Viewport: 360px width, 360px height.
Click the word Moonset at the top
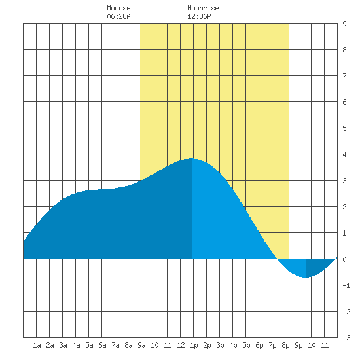(120, 8)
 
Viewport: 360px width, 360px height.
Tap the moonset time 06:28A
(118, 16)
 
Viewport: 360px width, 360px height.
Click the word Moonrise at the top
(203, 8)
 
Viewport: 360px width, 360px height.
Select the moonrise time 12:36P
(199, 16)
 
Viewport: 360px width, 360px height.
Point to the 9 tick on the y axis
(344, 24)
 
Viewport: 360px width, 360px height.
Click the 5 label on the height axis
(344, 128)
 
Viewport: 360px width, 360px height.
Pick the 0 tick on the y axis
(344, 259)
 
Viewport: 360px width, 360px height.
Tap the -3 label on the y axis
(346, 338)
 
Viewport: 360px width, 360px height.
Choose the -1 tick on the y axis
(346, 285)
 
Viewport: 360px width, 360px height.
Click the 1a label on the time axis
(37, 345)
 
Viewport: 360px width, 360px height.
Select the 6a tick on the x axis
(102, 345)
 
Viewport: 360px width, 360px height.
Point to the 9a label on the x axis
(141, 345)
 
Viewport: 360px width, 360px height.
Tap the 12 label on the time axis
(181, 345)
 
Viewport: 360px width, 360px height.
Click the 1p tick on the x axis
(194, 345)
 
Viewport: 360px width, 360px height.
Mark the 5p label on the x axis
(246, 345)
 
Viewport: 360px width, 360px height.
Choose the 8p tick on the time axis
(285, 345)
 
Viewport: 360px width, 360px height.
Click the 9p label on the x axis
(298, 345)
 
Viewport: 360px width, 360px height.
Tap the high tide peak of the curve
(192, 158)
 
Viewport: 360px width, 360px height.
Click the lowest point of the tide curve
(306, 277)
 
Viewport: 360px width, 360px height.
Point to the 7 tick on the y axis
(344, 76)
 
